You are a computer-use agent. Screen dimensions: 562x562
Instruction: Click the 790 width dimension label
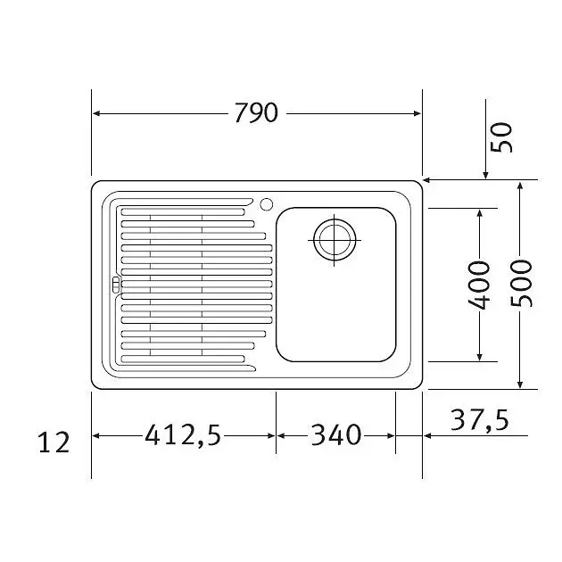(256, 112)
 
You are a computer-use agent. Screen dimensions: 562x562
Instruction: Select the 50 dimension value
(501, 137)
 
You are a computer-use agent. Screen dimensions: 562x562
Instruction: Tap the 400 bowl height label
(479, 285)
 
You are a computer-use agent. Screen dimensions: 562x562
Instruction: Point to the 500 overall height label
(521, 284)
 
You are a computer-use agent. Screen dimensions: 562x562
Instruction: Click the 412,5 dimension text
(183, 434)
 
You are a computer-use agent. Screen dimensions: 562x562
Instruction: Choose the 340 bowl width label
(336, 434)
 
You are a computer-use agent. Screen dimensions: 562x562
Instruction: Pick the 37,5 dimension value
(480, 419)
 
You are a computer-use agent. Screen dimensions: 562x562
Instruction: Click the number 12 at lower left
(54, 442)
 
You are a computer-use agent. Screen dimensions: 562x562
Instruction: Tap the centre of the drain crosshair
(335, 240)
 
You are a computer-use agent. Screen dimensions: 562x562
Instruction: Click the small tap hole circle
(267, 204)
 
